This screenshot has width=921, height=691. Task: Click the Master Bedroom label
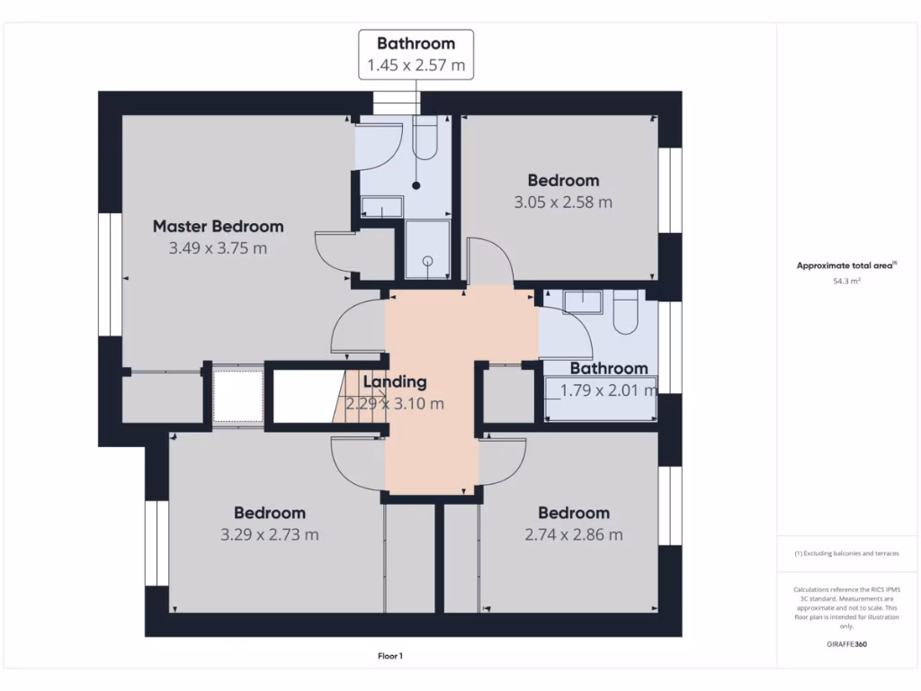click(x=218, y=227)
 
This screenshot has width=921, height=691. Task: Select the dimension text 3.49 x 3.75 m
click(x=218, y=248)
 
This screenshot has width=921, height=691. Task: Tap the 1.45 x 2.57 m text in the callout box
click(x=416, y=65)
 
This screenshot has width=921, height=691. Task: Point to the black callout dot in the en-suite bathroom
click(x=416, y=186)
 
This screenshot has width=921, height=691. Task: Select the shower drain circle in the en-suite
click(x=427, y=261)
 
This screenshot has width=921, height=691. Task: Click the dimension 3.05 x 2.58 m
click(x=563, y=202)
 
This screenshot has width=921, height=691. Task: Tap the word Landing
click(x=394, y=382)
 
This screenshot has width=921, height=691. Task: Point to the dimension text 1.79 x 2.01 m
click(x=608, y=390)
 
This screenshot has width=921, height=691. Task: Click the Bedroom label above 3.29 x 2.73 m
click(x=269, y=513)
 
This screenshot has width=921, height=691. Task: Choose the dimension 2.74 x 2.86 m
click(x=574, y=534)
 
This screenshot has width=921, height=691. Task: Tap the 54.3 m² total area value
click(x=847, y=282)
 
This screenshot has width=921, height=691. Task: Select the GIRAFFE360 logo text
click(x=846, y=644)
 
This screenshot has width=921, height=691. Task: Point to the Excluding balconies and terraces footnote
click(x=846, y=553)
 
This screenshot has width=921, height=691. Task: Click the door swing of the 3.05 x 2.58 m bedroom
click(x=491, y=261)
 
